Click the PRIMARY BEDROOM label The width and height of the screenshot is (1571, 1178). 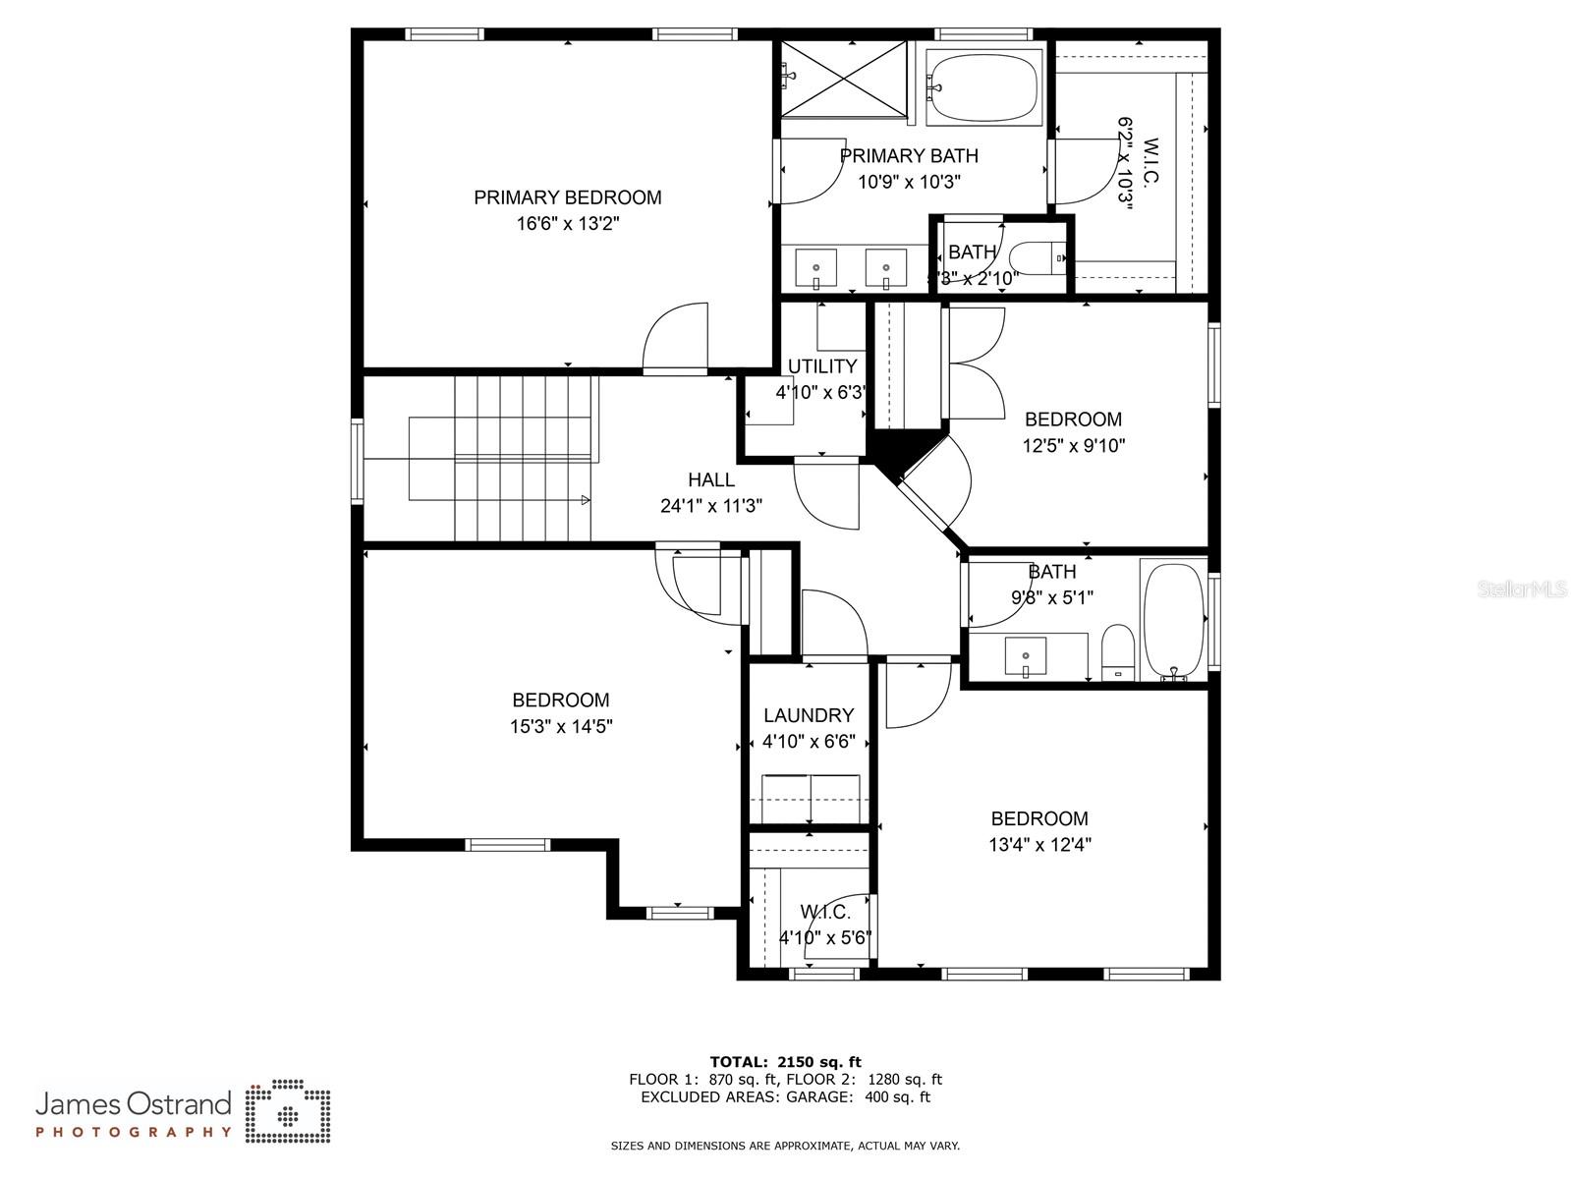coord(567,197)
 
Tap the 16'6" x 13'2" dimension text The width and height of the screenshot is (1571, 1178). coord(567,224)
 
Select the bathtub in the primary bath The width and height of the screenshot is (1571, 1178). coord(982,86)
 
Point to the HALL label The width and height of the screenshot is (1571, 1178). coord(710,480)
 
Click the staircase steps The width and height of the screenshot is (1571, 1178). coord(525,458)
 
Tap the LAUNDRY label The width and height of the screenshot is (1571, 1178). coord(808,715)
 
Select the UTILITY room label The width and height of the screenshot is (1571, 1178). coord(821,366)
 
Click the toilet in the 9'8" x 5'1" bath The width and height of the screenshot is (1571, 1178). coord(1117,651)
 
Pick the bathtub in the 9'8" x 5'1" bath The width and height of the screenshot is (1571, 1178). coord(1174,619)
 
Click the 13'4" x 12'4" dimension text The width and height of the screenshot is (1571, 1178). coord(1039,844)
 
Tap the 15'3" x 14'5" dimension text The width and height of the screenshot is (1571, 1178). coord(561,727)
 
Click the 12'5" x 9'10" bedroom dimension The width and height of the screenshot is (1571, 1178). coord(1073,445)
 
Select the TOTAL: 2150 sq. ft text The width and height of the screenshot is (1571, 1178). coord(785,1061)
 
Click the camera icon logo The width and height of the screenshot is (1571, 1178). coord(288,1112)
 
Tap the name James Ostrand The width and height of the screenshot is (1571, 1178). coord(134,1103)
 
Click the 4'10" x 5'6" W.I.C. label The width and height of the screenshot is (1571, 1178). coord(825,925)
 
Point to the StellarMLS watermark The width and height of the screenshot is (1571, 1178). coord(1522,589)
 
